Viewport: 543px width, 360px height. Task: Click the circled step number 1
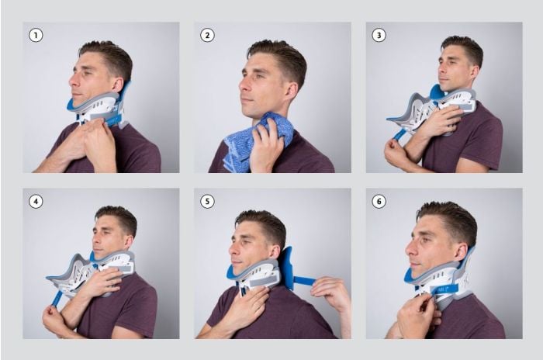click(x=35, y=35)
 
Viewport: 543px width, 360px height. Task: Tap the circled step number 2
click(x=207, y=35)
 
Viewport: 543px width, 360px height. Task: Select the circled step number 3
click(x=379, y=35)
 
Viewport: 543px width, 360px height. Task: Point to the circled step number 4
click(x=35, y=201)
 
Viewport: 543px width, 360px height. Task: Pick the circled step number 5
click(x=207, y=201)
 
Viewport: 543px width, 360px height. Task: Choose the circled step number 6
click(x=379, y=201)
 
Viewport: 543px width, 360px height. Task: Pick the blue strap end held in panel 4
click(x=57, y=298)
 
